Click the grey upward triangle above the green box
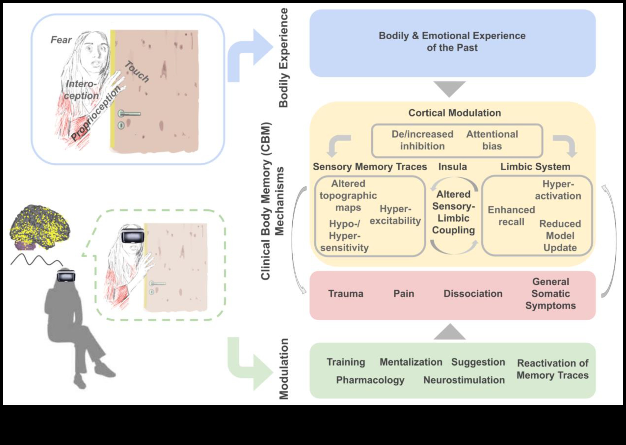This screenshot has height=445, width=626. pos(450,332)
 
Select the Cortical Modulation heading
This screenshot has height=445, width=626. pos(454,113)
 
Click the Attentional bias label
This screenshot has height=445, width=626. pos(492,140)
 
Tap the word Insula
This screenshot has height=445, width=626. pos(452,167)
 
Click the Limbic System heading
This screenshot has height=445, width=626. pos(535,167)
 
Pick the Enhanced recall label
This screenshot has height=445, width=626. pos(511,216)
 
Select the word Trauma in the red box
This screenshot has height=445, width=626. pos(346,294)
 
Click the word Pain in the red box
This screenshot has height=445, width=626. pos(404,294)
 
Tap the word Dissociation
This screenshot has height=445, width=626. pos(473,294)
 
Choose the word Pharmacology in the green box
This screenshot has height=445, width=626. pos(370,380)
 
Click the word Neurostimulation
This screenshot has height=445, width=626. pos(464,380)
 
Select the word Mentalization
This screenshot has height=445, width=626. pos(411,362)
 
